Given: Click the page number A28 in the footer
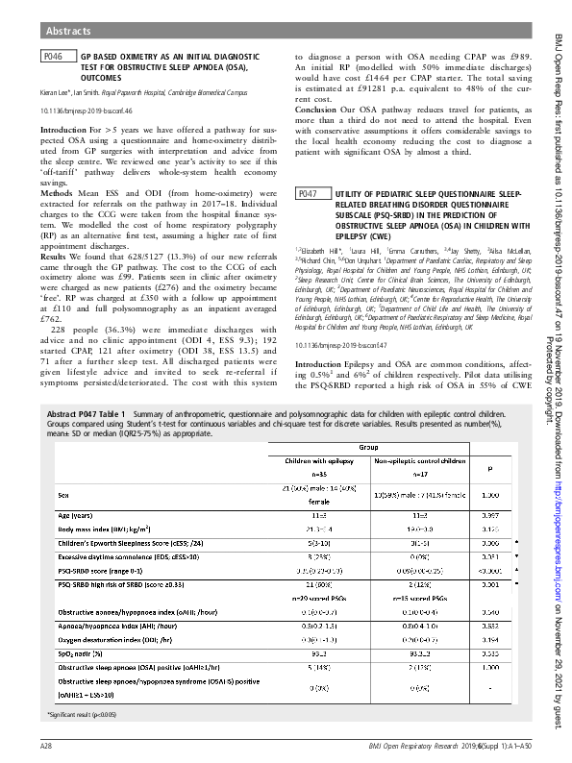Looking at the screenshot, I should pos(45,746).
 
